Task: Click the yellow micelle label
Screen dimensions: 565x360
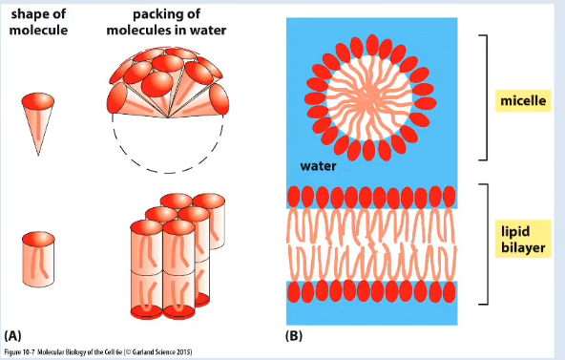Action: (523, 100)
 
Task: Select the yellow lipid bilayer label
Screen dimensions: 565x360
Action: (523, 239)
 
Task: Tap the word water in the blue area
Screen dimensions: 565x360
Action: (318, 166)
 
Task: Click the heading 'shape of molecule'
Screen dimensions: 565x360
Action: (38, 22)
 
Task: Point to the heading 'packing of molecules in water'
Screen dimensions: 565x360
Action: (166, 22)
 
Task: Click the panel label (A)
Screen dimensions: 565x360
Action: (12, 335)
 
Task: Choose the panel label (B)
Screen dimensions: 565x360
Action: (294, 335)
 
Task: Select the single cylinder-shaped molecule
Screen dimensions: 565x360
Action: (38, 259)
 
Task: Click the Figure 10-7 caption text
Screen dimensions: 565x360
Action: (98, 352)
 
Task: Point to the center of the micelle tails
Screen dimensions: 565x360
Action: (369, 97)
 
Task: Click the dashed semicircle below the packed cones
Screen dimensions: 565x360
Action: (168, 173)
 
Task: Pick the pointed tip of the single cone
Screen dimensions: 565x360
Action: (38, 156)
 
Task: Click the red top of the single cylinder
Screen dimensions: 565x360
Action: (38, 239)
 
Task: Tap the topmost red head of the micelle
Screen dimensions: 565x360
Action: (372, 45)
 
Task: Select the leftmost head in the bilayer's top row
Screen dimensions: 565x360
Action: (294, 197)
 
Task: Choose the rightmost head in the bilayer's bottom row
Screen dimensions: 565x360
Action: (450, 291)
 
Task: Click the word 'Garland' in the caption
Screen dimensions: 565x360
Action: (143, 352)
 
